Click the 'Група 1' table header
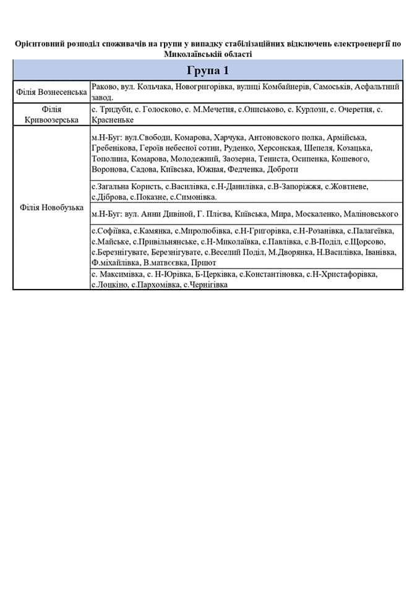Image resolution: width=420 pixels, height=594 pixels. click(x=208, y=69)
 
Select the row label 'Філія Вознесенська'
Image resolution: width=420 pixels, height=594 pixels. click(x=52, y=92)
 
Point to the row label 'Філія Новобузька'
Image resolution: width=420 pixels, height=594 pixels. click(x=52, y=207)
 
